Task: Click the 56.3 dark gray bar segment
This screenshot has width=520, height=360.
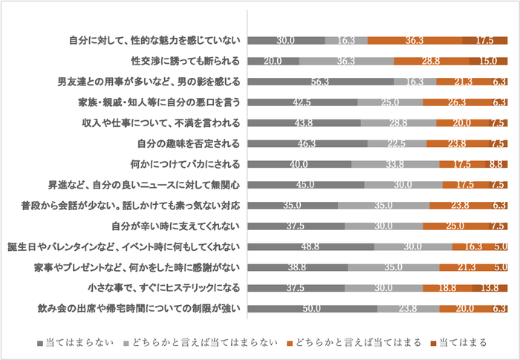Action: point(321,82)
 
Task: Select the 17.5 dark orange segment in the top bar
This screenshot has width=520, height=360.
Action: point(484,41)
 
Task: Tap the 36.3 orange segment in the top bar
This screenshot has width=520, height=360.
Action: point(415,41)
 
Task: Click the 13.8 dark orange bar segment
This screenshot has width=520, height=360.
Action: point(490,287)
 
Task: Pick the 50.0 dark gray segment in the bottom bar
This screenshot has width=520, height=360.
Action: point(312,308)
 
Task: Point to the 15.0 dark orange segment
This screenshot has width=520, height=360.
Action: point(488,62)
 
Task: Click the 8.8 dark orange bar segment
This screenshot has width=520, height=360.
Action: point(495,164)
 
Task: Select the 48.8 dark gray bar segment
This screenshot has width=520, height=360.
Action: point(311,246)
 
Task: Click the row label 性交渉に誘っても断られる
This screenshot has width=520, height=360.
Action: point(183,61)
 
